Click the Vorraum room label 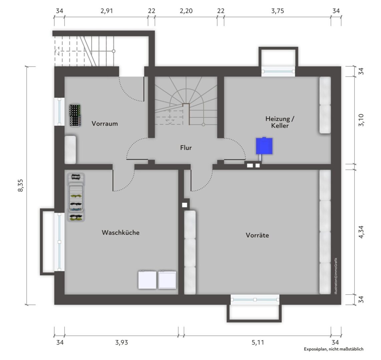tap(105, 124)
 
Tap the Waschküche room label tap(121, 233)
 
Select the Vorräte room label tap(257, 235)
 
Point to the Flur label tap(186, 148)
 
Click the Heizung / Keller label tap(280, 122)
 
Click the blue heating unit tap(264, 146)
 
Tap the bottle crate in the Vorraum tap(75, 116)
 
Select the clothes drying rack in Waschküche tap(76, 197)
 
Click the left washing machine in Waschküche tap(147, 280)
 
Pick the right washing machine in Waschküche tap(167, 280)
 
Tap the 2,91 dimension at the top tap(107, 11)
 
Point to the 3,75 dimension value tap(278, 11)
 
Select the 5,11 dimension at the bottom tap(258, 343)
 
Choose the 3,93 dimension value tap(121, 343)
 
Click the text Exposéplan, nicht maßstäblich tap(334, 349)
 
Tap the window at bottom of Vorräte tap(255, 300)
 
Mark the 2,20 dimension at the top tap(186, 11)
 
